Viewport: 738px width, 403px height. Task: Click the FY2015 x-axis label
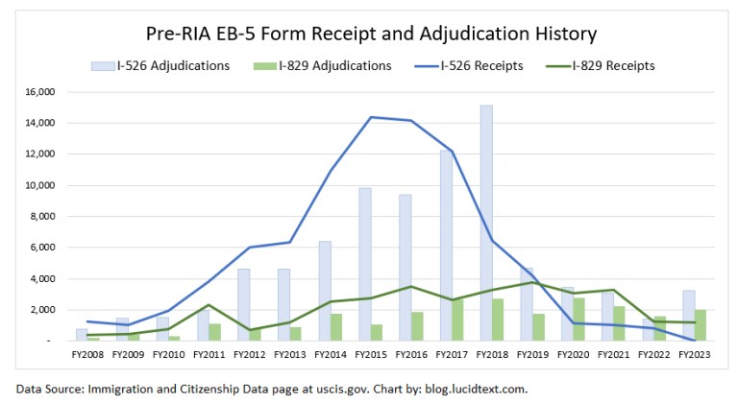[371, 355]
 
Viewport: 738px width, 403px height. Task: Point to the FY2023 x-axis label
[695, 355]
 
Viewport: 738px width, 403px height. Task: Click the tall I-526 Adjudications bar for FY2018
[486, 223]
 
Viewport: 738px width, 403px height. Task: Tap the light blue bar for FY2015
[365, 264]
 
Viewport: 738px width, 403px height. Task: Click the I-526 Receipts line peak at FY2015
[371, 117]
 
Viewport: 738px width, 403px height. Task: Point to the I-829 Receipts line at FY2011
[209, 305]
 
